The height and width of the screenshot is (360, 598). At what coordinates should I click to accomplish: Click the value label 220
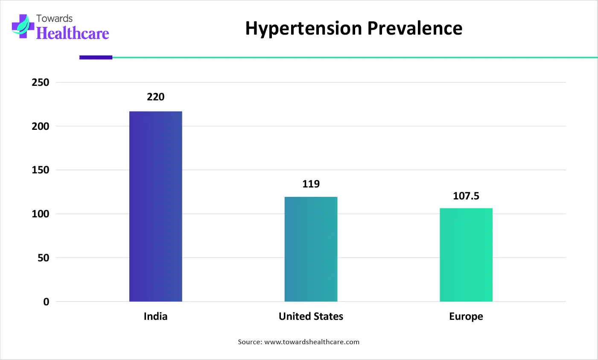click(x=155, y=97)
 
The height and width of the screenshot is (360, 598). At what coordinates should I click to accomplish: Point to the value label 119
click(x=311, y=184)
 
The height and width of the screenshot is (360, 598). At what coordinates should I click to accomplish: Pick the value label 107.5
click(x=466, y=196)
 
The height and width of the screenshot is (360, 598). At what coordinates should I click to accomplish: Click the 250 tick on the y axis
click(x=41, y=82)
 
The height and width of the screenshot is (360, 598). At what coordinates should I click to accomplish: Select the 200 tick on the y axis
click(x=41, y=126)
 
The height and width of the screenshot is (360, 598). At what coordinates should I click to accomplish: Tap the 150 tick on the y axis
click(x=41, y=170)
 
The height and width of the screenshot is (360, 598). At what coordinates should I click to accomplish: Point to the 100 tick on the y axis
click(x=41, y=214)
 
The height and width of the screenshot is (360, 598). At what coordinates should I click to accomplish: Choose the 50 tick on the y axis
click(x=43, y=258)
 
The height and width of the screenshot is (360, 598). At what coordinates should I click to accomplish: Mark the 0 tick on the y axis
click(x=46, y=302)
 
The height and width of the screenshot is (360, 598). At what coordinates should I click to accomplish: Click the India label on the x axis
click(x=155, y=316)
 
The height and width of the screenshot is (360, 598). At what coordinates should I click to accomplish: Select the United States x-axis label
click(x=311, y=316)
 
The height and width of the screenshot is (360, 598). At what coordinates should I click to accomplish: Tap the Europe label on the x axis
click(x=466, y=316)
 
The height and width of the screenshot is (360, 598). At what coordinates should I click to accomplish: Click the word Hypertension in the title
click(x=303, y=29)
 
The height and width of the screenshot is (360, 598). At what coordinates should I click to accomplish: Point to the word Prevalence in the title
click(x=414, y=28)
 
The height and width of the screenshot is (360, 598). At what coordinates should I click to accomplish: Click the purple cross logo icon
click(x=23, y=26)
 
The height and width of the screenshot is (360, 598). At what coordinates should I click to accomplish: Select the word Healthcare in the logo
click(x=73, y=33)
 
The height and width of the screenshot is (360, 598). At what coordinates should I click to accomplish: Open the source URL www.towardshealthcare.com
click(x=312, y=342)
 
